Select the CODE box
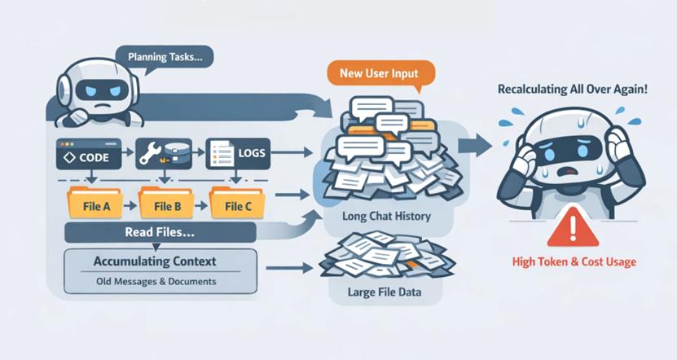pos(87,151)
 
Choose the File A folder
pos(96,204)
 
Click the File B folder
pos(166,204)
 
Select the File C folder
pos(236,204)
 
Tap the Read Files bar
pos(159,234)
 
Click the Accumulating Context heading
pos(154,261)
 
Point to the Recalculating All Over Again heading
pos(572,87)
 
